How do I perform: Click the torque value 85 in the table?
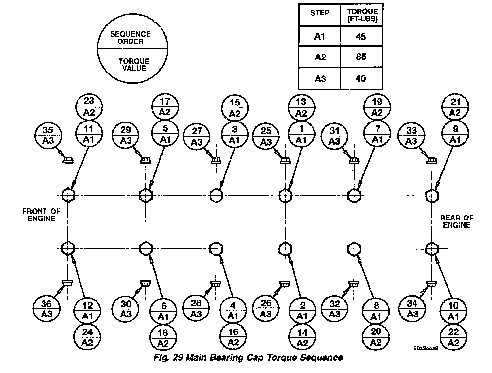point(361,57)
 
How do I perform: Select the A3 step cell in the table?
point(320,79)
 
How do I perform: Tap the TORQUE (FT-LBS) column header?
point(362,15)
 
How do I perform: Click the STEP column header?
point(320,13)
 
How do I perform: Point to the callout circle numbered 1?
point(301,134)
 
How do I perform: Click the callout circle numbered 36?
point(46,309)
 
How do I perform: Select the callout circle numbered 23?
point(89,107)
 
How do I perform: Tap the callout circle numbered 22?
point(453,337)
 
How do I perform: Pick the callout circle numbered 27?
point(197,136)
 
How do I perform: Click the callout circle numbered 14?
point(303,337)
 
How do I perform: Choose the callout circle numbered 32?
point(335,309)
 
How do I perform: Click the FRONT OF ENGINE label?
point(41,215)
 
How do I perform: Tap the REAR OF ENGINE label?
point(457,221)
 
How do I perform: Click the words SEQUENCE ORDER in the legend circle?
point(130,38)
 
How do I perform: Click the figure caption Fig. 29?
point(248,357)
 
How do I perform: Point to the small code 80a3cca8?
point(425,348)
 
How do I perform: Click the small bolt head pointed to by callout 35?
point(68,160)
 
